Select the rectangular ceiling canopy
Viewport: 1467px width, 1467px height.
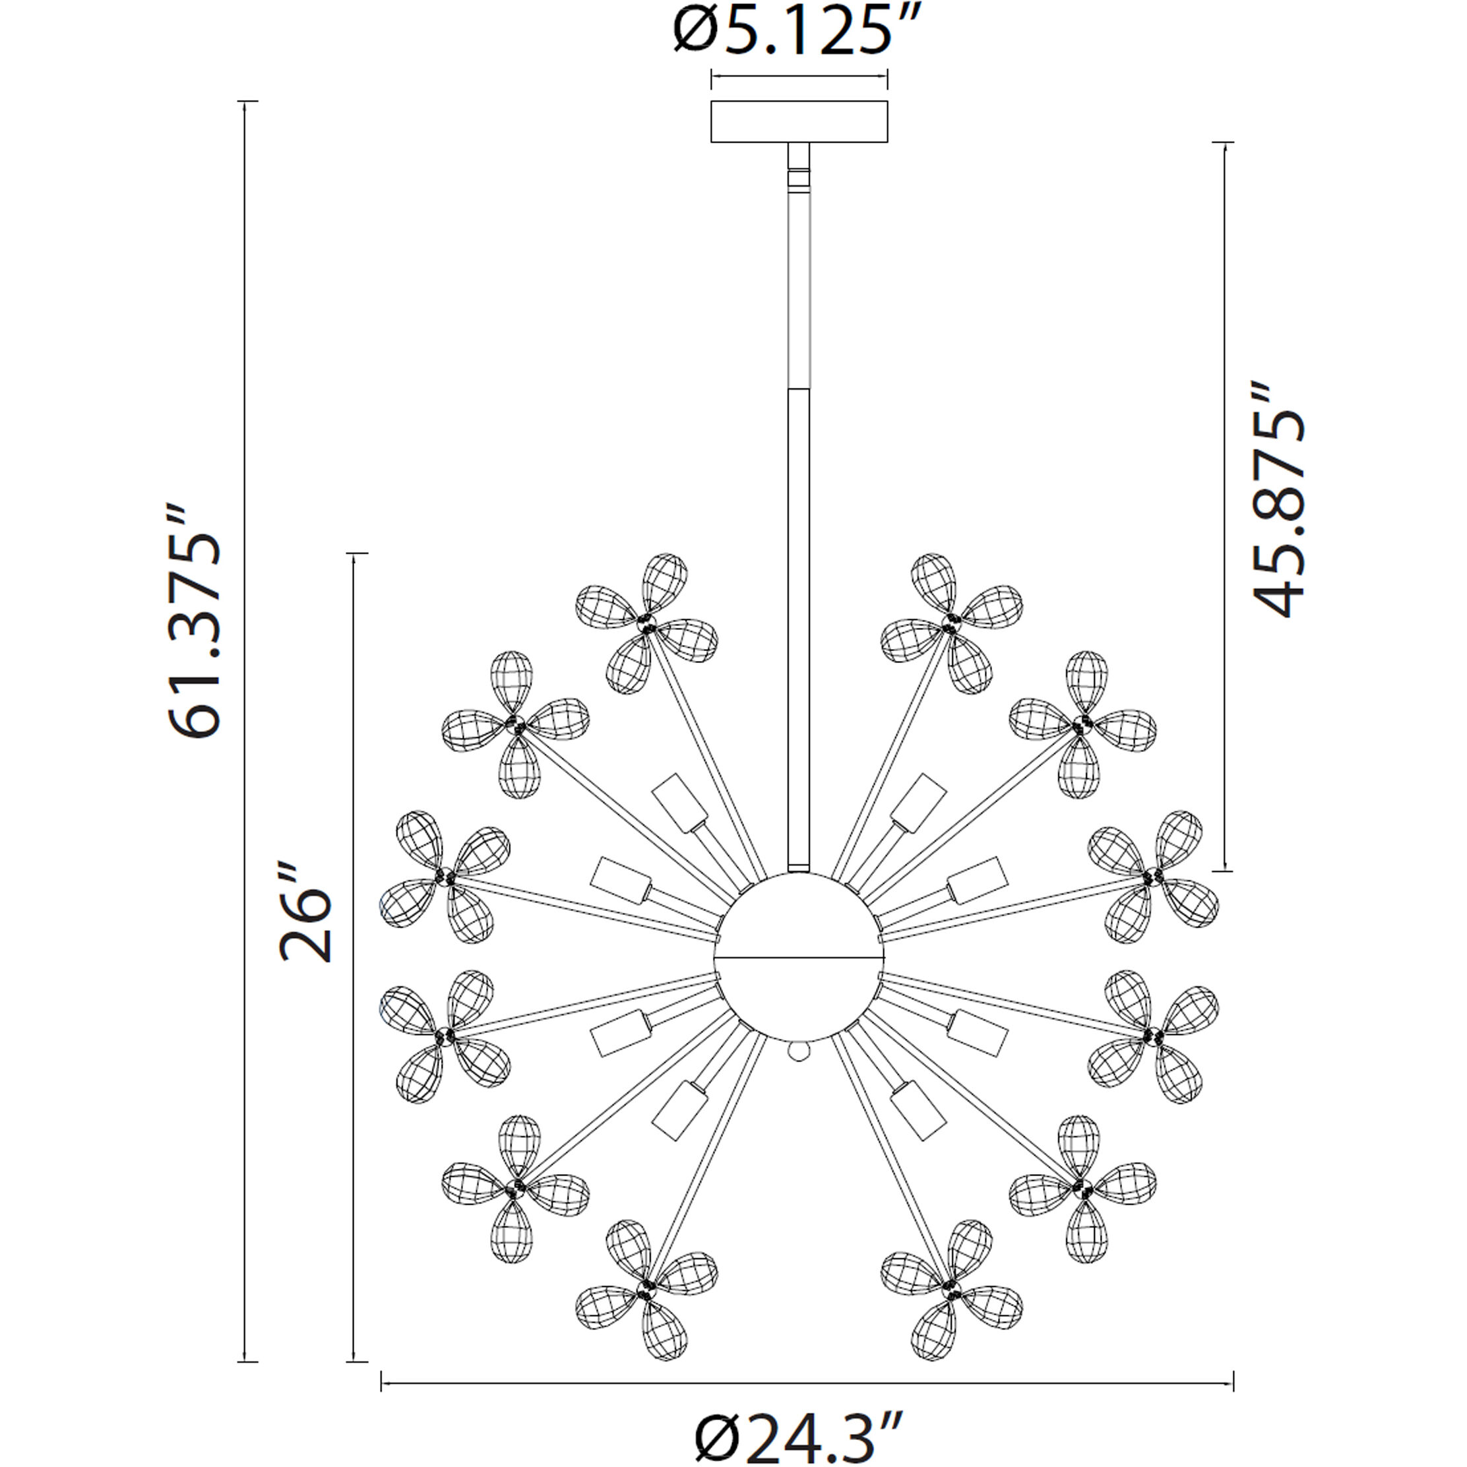pyautogui.click(x=799, y=121)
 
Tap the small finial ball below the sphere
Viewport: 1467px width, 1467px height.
pyautogui.click(x=799, y=1051)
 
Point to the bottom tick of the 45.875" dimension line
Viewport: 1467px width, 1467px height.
pyautogui.click(x=1222, y=871)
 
